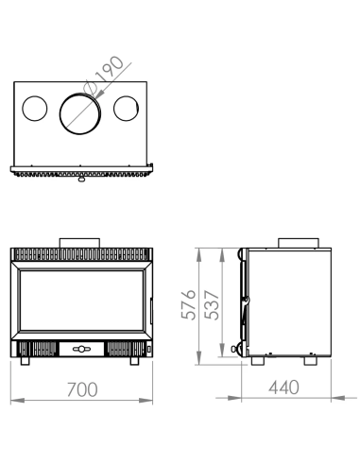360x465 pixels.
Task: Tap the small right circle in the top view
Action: click(x=127, y=109)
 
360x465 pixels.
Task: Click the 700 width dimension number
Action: click(x=81, y=387)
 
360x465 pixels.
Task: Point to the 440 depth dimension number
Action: click(x=283, y=387)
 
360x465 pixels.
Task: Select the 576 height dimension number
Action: click(x=190, y=306)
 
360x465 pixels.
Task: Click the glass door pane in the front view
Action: click(x=80, y=301)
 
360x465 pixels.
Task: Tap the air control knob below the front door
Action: click(x=81, y=349)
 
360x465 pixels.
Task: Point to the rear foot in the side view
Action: click(x=310, y=361)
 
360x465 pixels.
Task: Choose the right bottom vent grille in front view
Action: click(x=122, y=349)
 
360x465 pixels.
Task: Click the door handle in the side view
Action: click(x=243, y=304)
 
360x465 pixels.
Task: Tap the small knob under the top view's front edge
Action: click(x=81, y=179)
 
